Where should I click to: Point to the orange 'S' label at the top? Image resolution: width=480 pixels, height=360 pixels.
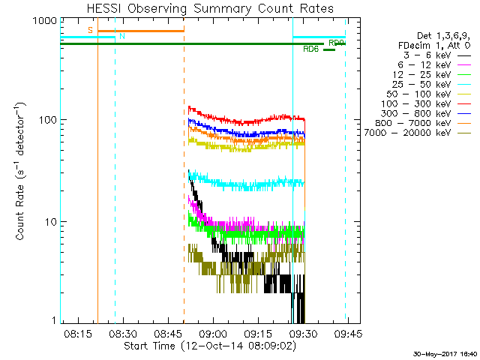[x=90, y=30]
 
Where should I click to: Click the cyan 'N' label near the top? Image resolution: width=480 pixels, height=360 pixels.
[x=122, y=36]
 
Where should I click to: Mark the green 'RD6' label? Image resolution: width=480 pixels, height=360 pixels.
[x=310, y=49]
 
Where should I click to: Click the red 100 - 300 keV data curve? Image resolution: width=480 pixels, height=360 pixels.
[x=247, y=120]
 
